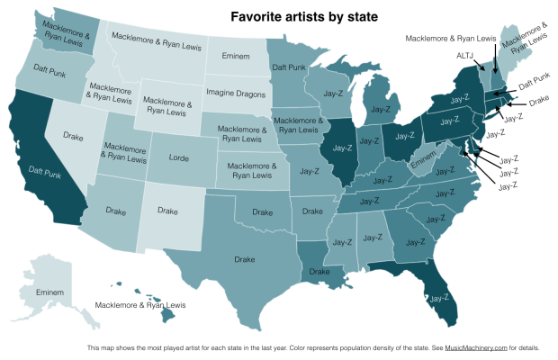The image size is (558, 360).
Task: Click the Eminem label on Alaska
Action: click(x=51, y=293)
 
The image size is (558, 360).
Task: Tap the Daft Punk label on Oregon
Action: click(x=40, y=68)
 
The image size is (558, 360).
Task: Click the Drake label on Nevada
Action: click(x=74, y=139)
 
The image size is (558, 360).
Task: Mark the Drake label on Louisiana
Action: click(x=319, y=271)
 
